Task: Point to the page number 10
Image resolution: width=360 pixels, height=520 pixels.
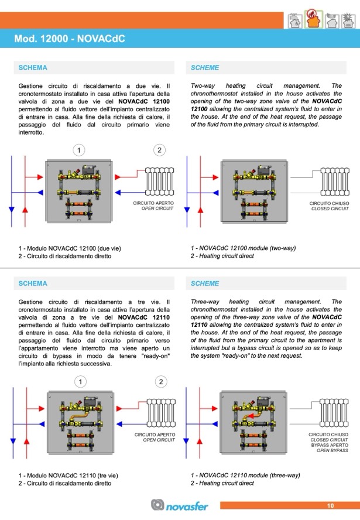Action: pyautogui.click(x=330, y=505)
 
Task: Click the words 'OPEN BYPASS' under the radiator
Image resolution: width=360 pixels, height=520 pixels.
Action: pyautogui.click(x=332, y=450)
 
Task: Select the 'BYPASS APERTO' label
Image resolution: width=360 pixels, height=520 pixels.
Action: pyautogui.click(x=331, y=445)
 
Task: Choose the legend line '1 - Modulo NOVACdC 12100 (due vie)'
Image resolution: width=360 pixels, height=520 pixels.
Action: pyautogui.click(x=69, y=248)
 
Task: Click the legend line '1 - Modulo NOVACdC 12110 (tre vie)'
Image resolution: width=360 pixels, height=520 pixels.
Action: pyautogui.click(x=68, y=475)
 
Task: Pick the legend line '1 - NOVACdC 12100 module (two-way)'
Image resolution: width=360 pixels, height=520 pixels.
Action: pyautogui.click(x=243, y=248)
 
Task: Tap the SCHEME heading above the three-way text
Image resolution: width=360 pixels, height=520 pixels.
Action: pyautogui.click(x=205, y=283)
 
